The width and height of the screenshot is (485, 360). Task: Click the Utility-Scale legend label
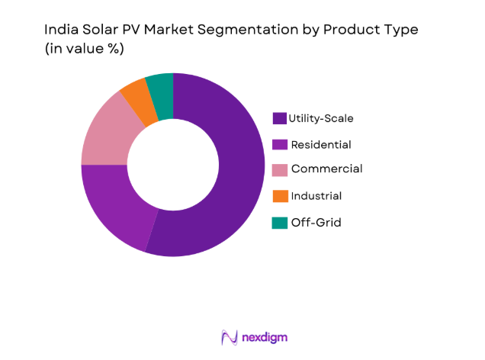pyautogui.click(x=320, y=118)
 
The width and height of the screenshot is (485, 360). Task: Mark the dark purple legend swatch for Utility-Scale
pyautogui.click(x=280, y=118)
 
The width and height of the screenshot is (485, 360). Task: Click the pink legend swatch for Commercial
pyautogui.click(x=280, y=170)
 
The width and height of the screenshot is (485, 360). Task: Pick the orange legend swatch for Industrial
pyautogui.click(x=280, y=196)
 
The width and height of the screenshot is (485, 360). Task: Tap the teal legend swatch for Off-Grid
pyautogui.click(x=280, y=222)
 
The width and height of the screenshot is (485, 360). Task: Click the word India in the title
pyautogui.click(x=60, y=31)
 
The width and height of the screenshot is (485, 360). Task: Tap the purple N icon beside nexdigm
pyautogui.click(x=228, y=336)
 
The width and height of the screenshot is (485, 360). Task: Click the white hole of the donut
pyautogui.click(x=173, y=165)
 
